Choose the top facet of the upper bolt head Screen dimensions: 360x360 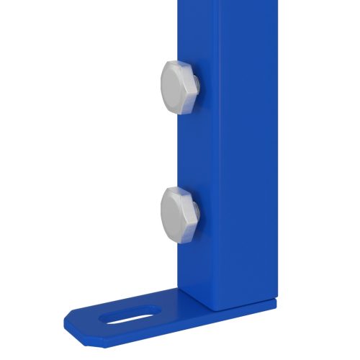click(x=177, y=66)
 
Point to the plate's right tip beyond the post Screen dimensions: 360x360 click(x=272, y=302)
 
